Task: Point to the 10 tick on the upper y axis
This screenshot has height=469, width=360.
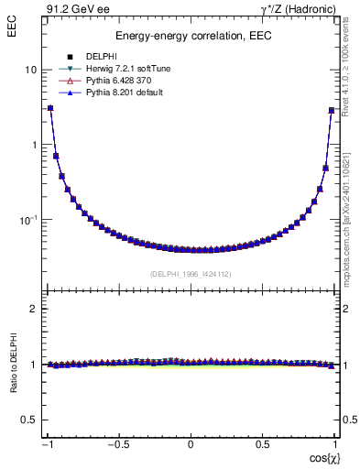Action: pos(31,70)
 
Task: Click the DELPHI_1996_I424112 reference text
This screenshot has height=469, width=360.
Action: pos(191,273)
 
